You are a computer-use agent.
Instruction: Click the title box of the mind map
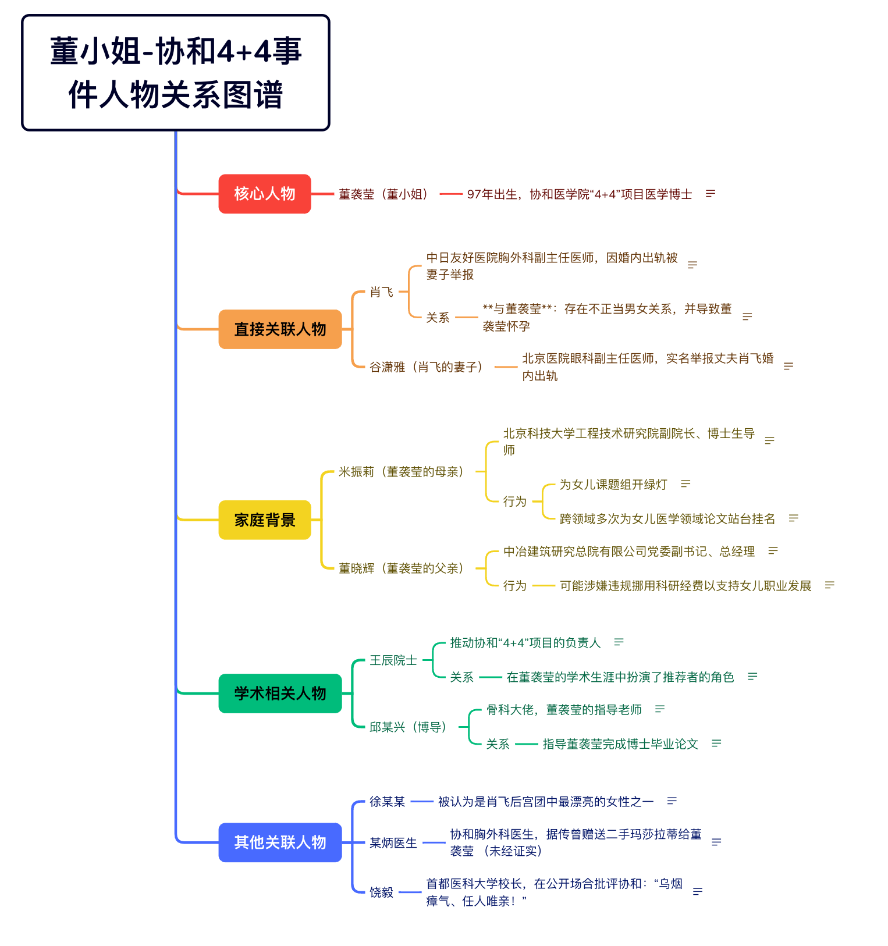coord(176,73)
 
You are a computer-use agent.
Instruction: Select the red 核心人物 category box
coord(265,194)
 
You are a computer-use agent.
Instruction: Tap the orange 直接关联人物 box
coord(280,329)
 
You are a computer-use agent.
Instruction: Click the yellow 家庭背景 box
coord(265,520)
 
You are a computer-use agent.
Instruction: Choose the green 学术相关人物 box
coord(280,693)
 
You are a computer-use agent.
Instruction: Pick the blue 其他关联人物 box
coord(280,842)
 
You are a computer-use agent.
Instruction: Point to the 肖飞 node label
coord(382,292)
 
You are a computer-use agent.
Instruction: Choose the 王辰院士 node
coord(393,660)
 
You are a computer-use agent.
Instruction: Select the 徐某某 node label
coord(388,802)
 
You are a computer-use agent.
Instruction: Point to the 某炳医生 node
coord(393,843)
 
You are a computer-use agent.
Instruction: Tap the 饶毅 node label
coord(382,892)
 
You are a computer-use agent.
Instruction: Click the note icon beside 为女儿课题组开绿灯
coord(685,484)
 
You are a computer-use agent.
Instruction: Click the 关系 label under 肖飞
coord(438,318)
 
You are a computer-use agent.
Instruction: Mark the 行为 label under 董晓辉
coord(515,586)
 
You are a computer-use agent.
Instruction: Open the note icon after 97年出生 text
coord(710,194)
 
